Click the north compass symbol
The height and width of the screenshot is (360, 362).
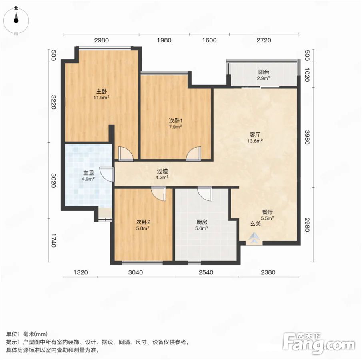(16, 20)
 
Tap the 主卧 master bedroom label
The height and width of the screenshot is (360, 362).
(101, 92)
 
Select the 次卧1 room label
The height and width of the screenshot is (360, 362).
(176, 121)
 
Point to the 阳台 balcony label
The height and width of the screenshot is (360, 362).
(264, 72)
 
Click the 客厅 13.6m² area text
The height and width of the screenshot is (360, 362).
(255, 141)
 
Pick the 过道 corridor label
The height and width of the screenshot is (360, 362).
(162, 171)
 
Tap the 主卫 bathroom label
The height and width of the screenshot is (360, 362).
(89, 173)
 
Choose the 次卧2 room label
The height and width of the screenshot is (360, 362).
(143, 222)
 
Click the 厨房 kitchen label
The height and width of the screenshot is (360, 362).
(202, 222)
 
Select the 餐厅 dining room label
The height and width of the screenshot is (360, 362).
(268, 212)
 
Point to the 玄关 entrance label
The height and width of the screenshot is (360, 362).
(256, 224)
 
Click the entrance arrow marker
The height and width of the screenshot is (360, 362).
(254, 237)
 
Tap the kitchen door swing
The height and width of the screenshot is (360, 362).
(205, 194)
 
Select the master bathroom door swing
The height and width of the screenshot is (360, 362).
(107, 174)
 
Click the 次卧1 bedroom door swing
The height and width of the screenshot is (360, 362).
(194, 154)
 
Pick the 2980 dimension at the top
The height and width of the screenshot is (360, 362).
(102, 40)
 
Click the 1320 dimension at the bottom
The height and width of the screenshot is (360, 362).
(81, 272)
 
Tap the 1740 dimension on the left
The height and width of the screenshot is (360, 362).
(53, 240)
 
